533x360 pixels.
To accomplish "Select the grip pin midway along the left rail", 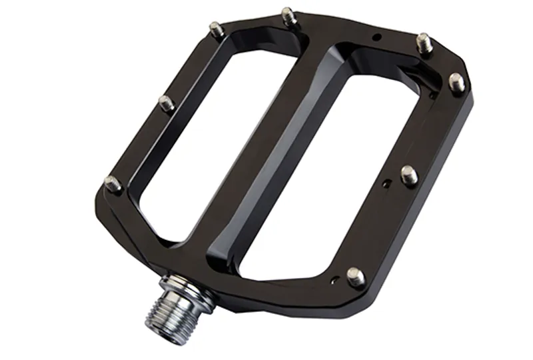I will (x=166, y=103).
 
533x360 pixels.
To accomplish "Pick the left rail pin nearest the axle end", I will (x=112, y=183).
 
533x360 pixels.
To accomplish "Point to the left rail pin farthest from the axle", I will (x=216, y=29).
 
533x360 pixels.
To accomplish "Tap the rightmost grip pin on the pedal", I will (x=456, y=82).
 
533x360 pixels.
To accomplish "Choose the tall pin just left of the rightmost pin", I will (x=424, y=42).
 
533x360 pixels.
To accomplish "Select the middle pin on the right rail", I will (x=409, y=175).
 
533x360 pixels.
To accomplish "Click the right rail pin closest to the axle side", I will (x=356, y=276).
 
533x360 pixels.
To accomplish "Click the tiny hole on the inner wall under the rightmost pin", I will (x=434, y=95).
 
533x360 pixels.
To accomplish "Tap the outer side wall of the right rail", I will (x=426, y=220).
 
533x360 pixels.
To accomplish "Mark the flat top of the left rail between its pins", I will (x=137, y=143).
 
